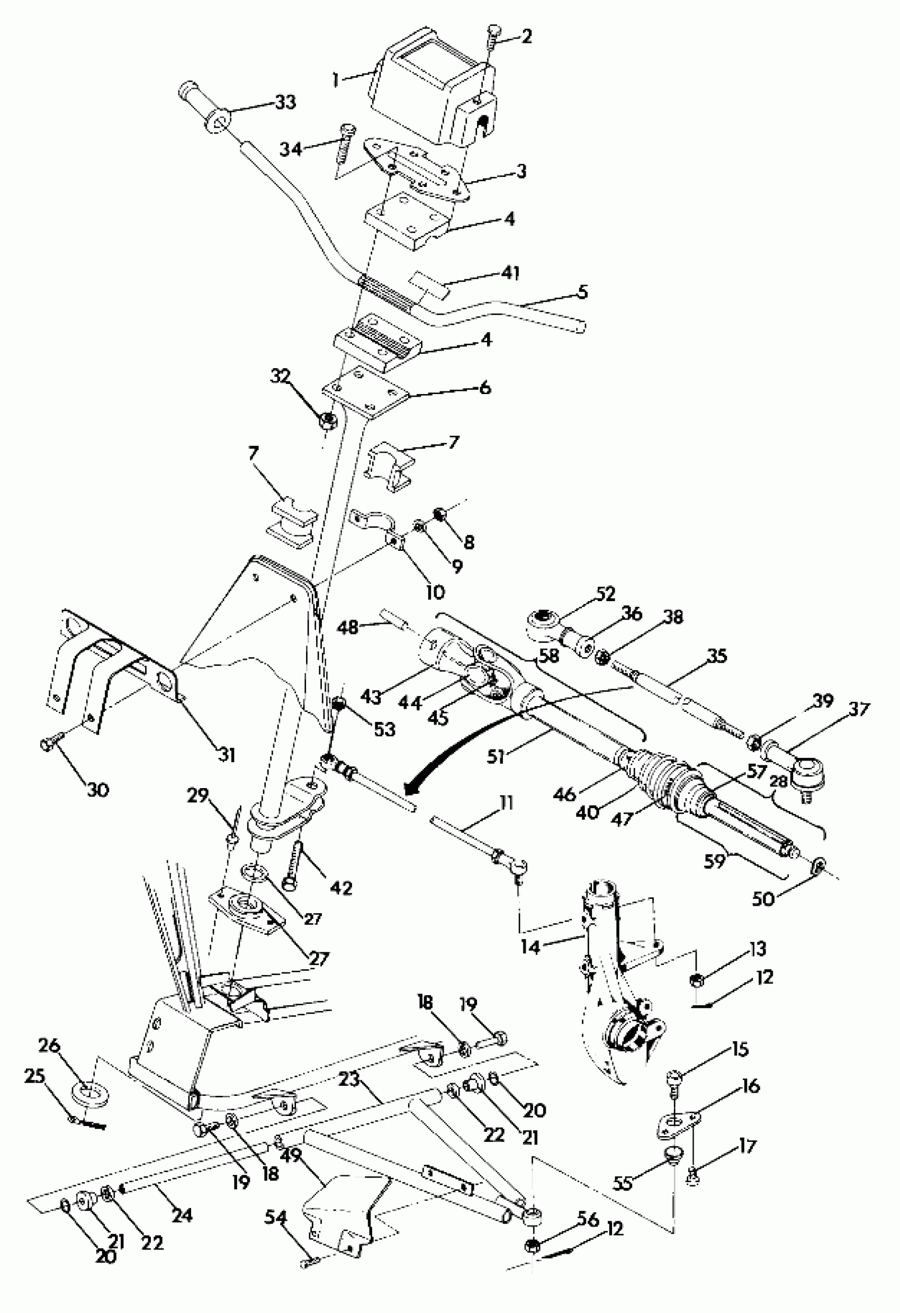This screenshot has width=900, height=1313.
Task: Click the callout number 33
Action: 286,103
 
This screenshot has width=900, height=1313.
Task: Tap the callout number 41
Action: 510,273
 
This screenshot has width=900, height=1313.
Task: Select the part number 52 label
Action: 605,594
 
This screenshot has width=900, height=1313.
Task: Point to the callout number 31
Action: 227,755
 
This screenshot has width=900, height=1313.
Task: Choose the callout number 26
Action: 49,1045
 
